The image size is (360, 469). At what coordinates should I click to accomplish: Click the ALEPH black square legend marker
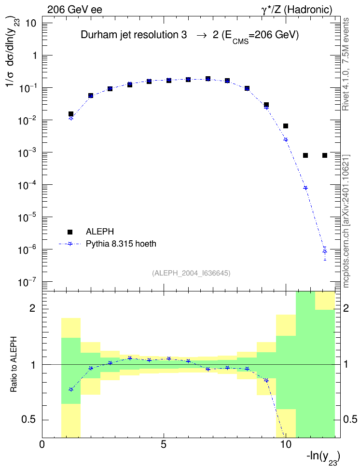point(70,232)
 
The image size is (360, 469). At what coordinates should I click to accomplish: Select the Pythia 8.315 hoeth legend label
point(121,244)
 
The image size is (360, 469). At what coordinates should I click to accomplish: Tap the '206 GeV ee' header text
point(74,10)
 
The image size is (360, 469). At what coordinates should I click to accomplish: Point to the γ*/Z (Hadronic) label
point(297,10)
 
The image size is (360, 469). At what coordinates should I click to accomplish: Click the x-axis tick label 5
point(164,444)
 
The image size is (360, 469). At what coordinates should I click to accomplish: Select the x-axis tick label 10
point(286,444)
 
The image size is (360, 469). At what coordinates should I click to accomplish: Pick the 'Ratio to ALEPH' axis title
point(14,364)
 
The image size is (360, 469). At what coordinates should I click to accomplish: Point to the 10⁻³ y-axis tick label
point(27,152)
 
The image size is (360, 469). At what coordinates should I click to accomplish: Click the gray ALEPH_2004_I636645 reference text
point(191,273)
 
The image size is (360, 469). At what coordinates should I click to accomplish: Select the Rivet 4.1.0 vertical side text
point(346,64)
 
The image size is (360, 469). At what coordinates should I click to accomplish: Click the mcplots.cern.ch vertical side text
point(346,221)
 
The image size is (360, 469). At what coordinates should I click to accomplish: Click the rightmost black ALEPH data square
point(325,155)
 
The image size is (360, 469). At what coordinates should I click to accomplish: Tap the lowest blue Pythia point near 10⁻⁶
point(325,251)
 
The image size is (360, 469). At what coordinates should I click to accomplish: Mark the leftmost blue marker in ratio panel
point(71,389)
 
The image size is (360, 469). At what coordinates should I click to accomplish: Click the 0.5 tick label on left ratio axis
point(28,420)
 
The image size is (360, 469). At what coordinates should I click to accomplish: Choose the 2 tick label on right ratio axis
point(346,308)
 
